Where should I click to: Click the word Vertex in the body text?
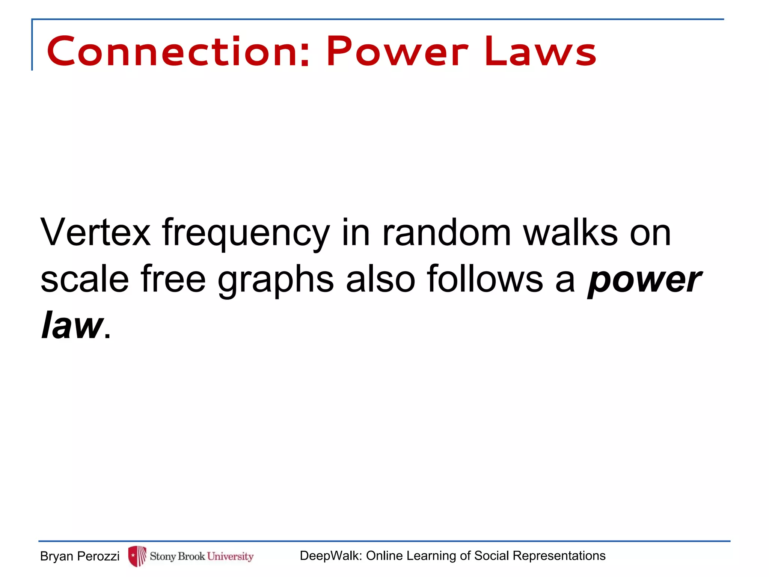pyautogui.click(x=95, y=233)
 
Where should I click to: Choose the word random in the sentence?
pyautogui.click(x=446, y=233)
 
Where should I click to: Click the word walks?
pyautogui.click(x=570, y=233)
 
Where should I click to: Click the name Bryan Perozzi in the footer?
pyautogui.click(x=80, y=556)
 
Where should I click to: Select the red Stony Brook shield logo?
pyautogui.click(x=137, y=556)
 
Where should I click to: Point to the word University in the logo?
pyautogui.click(x=230, y=556)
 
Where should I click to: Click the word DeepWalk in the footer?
pyautogui.click(x=331, y=556)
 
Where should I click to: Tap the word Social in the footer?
pyautogui.click(x=492, y=556)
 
